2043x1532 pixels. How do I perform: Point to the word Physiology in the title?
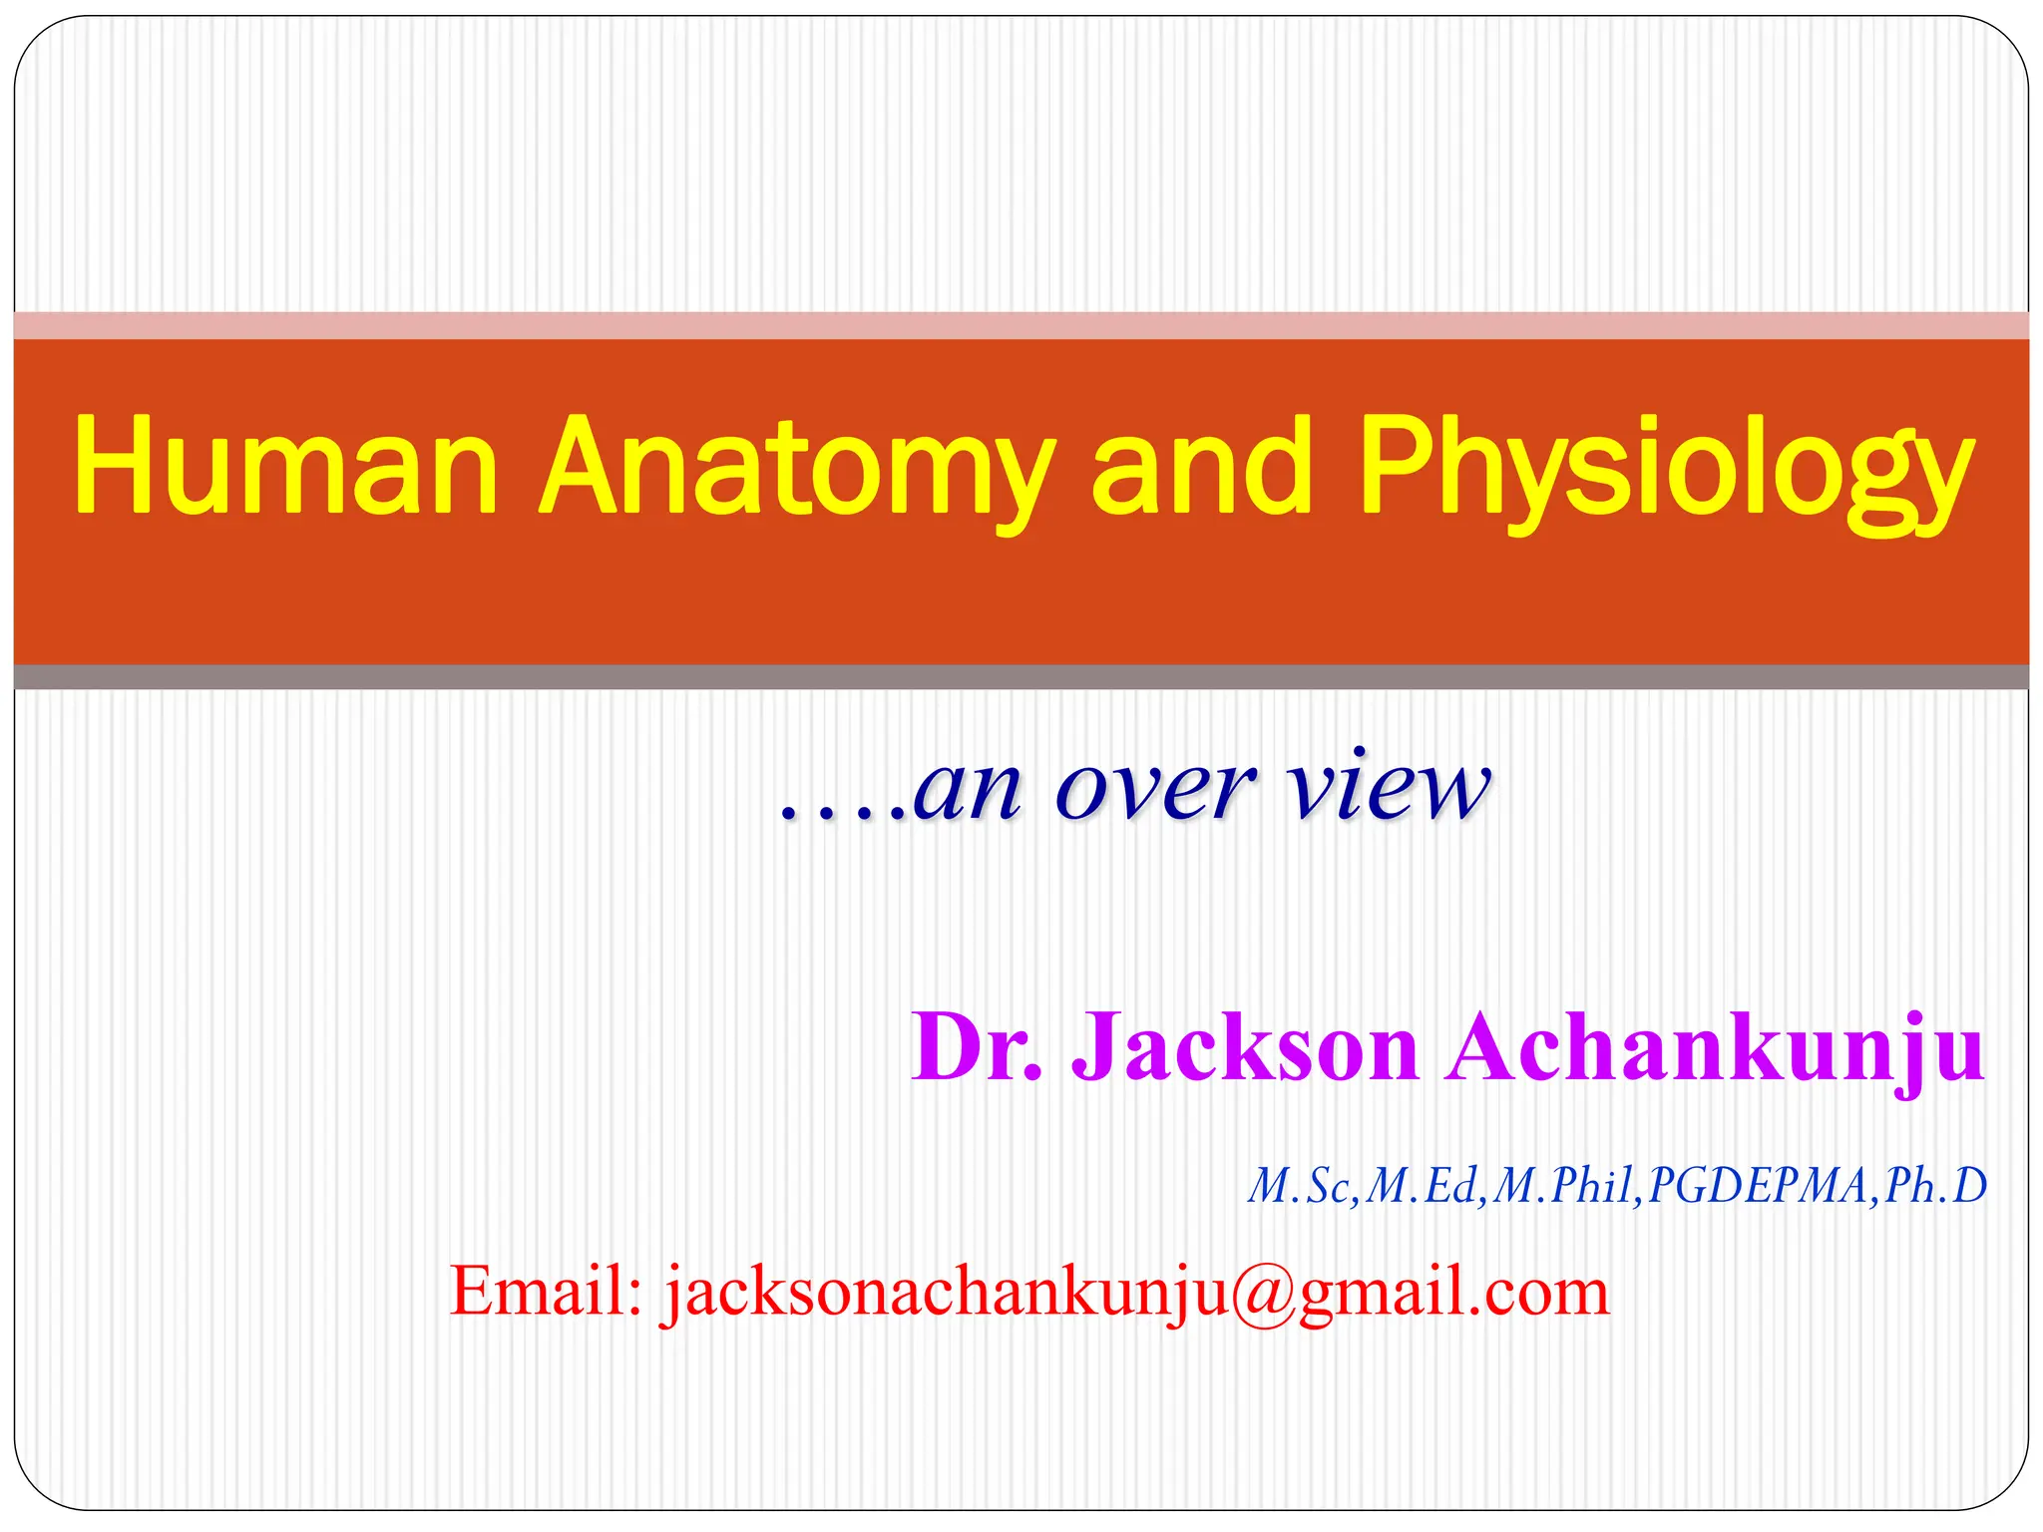pyautogui.click(x=1666, y=469)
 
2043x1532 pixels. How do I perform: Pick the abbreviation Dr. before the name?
pyautogui.click(x=977, y=1046)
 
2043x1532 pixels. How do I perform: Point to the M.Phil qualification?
pyautogui.click(x=1565, y=1186)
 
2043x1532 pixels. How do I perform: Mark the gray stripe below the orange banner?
pyautogui.click(x=1021, y=677)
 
